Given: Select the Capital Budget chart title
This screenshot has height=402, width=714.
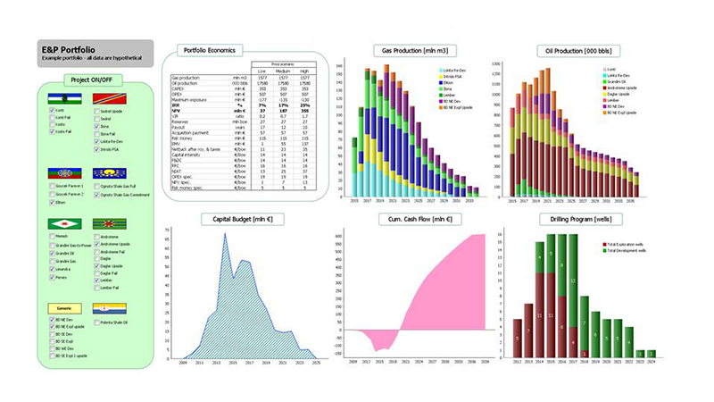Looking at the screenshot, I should (x=251, y=220).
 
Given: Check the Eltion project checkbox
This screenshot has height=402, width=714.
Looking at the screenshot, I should (x=50, y=203).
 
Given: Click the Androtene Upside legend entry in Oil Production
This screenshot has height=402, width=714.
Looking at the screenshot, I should (x=620, y=88).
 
